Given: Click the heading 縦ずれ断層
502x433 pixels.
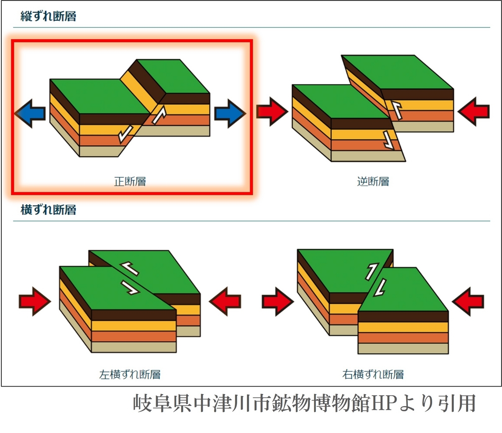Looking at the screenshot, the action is pos(49,16).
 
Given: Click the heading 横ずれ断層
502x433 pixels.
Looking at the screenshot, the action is pos(49,210).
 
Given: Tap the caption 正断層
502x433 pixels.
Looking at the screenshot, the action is pos(130,181).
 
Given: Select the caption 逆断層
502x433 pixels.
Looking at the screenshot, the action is pos(373,181).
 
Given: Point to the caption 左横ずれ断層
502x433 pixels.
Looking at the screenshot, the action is pos(130,374).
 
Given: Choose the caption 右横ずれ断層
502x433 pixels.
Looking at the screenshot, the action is pos(373,374).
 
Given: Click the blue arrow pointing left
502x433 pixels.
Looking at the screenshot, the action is pos(30,113).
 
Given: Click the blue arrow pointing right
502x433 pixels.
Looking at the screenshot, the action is pos(230,113).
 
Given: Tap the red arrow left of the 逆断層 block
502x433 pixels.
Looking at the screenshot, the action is pos(272,112).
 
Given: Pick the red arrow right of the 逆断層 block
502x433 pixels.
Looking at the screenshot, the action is pos(474,112).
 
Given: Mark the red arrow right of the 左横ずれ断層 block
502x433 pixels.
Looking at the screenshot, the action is pos(225,301).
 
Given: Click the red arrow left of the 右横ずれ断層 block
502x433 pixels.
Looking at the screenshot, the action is pos(278,302).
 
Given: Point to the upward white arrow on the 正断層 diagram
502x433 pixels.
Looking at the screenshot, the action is pos(159,115).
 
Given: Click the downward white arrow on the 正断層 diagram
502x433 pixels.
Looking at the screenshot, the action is pos(125,134).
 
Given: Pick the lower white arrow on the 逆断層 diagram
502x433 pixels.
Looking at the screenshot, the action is pos(388,140).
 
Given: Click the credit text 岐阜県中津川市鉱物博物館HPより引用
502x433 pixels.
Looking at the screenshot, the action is pos(304,404).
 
